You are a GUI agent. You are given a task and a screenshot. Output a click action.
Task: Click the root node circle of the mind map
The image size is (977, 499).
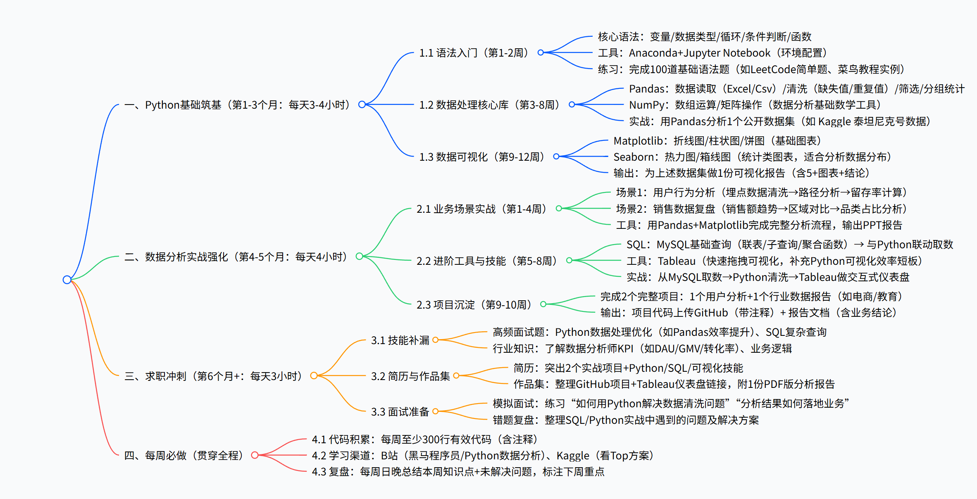(67, 280)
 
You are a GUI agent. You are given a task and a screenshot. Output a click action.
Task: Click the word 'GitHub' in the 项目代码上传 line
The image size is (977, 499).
(711, 313)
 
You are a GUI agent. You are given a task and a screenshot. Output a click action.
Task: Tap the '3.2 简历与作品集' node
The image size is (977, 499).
(410, 376)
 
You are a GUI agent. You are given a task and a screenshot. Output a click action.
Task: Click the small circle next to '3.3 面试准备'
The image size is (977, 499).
(435, 411)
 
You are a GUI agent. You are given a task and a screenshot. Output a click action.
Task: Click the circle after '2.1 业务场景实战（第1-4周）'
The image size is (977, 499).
(559, 209)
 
